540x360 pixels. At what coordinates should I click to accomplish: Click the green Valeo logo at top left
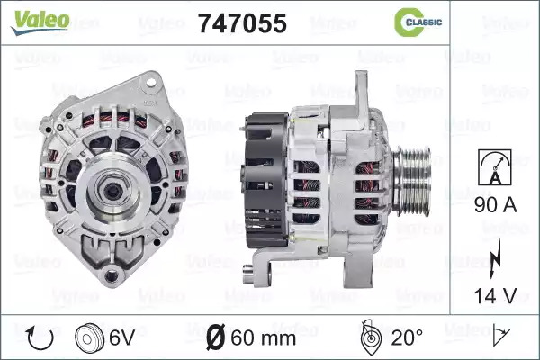[40, 22]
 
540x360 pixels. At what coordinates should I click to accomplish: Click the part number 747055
[242, 23]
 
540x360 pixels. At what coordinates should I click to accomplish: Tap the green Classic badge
[418, 22]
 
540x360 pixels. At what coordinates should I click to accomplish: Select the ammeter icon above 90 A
[495, 167]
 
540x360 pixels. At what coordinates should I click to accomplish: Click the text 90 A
[495, 205]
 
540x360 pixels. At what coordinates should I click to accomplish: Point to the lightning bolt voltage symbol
[495, 259]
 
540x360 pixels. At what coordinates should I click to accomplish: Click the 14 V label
[495, 295]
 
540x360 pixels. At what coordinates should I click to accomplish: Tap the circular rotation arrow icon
[40, 338]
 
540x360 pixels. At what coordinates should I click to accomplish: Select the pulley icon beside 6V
[89, 338]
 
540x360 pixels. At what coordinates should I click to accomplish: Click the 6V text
[121, 337]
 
